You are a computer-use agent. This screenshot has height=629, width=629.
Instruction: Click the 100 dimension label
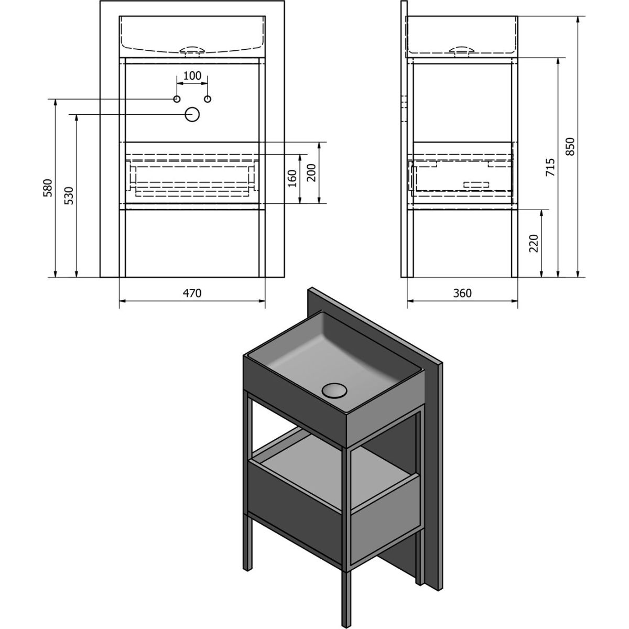pyautogui.click(x=192, y=75)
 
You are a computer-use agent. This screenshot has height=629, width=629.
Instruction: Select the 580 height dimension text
pyautogui.click(x=48, y=188)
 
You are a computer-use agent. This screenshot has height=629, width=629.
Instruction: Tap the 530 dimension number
pyautogui.click(x=69, y=195)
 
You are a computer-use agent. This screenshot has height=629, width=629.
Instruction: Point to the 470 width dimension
pyautogui.click(x=192, y=293)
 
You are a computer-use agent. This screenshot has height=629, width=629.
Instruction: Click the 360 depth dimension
pyautogui.click(x=462, y=293)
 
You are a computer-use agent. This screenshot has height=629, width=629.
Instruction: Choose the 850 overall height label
pyautogui.click(x=570, y=147)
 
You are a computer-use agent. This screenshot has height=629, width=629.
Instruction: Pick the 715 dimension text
pyautogui.click(x=550, y=167)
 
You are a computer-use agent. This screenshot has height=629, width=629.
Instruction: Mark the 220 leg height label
pyautogui.click(x=534, y=243)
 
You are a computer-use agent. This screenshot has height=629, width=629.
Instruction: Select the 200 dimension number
pyautogui.click(x=311, y=172)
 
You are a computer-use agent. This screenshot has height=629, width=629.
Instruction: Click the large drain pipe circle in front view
pyautogui.click(x=192, y=115)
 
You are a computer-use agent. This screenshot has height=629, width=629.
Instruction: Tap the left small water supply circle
pyautogui.click(x=177, y=99)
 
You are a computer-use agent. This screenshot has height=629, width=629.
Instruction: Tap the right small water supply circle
pyautogui.click(x=208, y=99)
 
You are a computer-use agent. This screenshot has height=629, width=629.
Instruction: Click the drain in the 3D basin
pyautogui.click(x=334, y=391)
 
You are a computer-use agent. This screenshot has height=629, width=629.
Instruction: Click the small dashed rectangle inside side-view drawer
pyautogui.click(x=477, y=185)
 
